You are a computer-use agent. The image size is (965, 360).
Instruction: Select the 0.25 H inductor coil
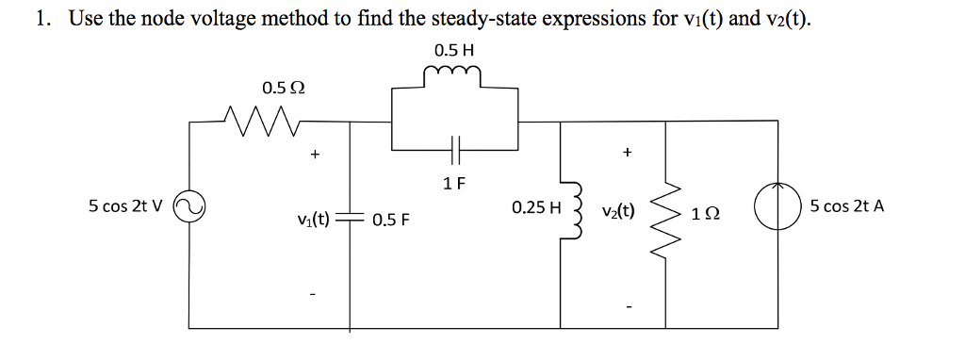(565, 209)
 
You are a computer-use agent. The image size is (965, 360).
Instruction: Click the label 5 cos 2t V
(124, 206)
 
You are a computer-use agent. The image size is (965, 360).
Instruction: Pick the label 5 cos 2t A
(846, 206)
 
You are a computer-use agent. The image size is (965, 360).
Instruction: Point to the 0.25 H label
(534, 206)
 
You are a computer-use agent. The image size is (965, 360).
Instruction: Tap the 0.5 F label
(388, 221)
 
